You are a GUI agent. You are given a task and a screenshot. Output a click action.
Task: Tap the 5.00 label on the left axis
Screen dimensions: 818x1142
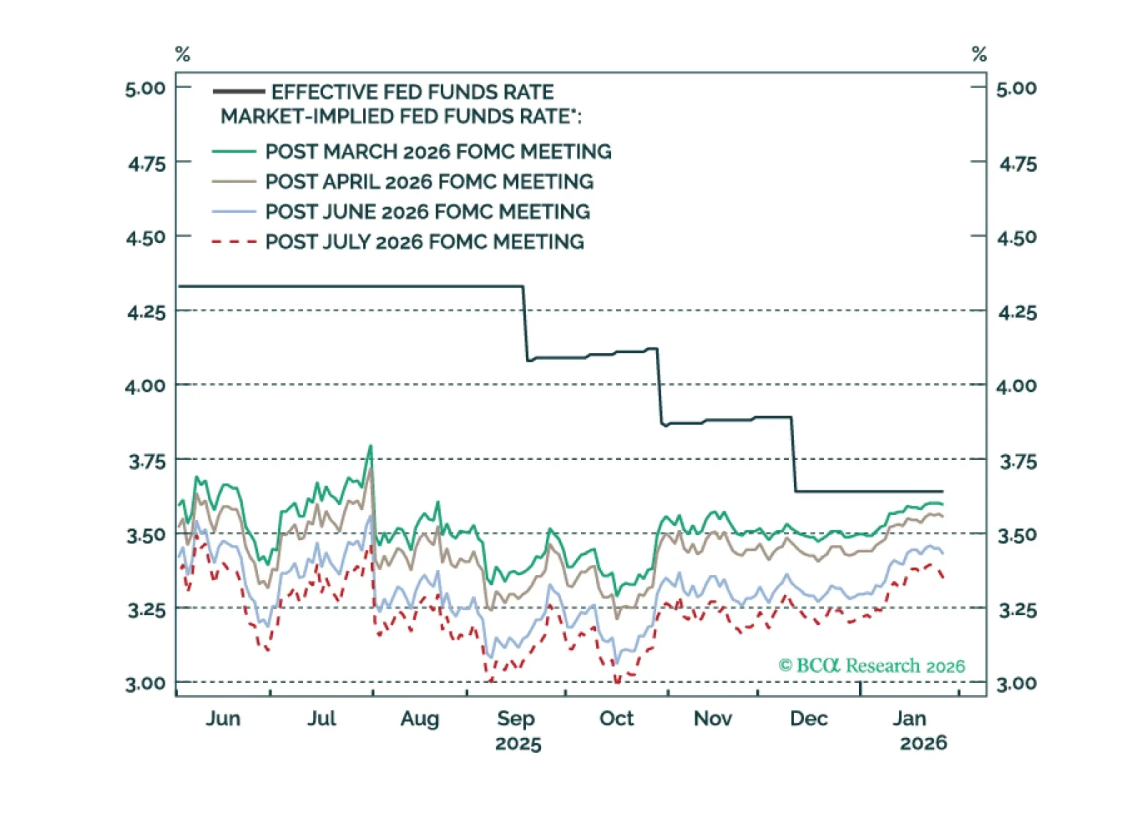(x=145, y=89)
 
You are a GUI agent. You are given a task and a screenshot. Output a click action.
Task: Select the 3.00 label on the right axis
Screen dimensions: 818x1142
(x=1016, y=684)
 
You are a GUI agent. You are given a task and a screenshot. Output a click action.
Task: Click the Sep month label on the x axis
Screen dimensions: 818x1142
(x=516, y=718)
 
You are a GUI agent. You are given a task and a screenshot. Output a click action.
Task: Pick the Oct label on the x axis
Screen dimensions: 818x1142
(x=616, y=718)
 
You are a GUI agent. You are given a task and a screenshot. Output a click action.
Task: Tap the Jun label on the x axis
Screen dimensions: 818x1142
(x=223, y=718)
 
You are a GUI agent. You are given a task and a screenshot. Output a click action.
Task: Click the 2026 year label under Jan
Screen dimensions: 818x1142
(x=923, y=744)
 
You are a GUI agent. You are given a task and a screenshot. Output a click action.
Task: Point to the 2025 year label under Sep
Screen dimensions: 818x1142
(x=518, y=744)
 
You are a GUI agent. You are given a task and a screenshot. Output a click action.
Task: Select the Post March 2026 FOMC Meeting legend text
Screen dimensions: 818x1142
(x=438, y=152)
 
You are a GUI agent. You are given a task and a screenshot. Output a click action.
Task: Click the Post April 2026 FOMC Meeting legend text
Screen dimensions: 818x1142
(x=429, y=182)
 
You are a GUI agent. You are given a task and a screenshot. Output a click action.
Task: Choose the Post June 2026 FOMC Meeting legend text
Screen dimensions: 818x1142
(x=427, y=212)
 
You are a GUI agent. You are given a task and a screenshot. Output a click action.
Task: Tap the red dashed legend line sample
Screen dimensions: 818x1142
(x=234, y=242)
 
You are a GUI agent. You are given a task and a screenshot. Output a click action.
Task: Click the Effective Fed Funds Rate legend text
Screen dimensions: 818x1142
(x=412, y=92)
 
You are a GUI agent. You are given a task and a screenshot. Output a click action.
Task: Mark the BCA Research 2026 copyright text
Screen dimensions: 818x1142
(x=871, y=666)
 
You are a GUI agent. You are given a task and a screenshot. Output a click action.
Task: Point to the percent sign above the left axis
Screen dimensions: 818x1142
(x=182, y=54)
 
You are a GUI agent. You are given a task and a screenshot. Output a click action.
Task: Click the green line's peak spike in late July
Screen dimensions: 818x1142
(x=370, y=446)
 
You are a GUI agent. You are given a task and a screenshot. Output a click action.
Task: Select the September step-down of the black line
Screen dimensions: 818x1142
(x=525, y=323)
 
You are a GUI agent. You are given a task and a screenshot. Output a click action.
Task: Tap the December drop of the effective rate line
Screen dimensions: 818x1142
(x=793, y=454)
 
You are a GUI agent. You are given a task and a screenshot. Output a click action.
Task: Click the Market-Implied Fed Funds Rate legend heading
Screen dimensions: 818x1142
(x=400, y=117)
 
